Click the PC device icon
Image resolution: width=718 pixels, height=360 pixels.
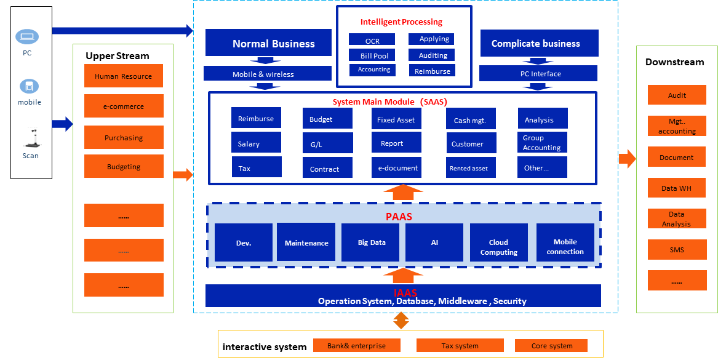coord(27,38)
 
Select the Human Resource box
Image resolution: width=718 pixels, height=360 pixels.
coord(124,76)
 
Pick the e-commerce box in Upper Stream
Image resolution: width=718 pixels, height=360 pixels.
coord(124,106)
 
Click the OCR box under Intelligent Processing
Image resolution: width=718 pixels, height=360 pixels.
coord(372,40)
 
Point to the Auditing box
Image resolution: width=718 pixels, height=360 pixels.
coord(432,55)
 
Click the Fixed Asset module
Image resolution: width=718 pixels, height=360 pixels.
coord(396,119)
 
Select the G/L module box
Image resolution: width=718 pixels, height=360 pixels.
coord(327,143)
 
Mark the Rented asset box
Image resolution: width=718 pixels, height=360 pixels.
coord(471,167)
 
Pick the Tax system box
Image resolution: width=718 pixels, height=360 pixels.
coord(460,345)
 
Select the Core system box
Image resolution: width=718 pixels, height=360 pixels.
coord(551,345)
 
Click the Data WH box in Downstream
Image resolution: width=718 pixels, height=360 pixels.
coord(677,188)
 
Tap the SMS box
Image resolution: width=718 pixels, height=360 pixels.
coord(677,249)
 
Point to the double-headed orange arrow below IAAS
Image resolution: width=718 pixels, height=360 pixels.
coord(401,320)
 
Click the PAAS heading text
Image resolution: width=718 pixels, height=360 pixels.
coord(399,217)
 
